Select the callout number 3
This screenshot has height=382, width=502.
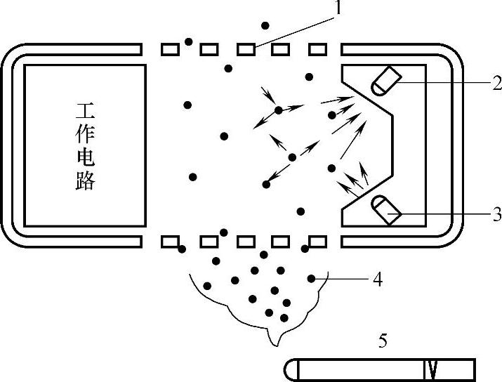496,215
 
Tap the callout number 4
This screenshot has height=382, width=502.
376,279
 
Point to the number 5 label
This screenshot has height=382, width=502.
383,341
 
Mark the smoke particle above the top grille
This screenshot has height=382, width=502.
265,26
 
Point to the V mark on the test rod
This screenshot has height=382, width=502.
431,369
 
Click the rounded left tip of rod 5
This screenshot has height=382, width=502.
289,369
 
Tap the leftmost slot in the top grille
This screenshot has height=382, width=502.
170,49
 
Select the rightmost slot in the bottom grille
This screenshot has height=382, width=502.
318,242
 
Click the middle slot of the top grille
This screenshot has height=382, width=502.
245,49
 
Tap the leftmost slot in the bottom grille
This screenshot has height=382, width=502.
170,242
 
